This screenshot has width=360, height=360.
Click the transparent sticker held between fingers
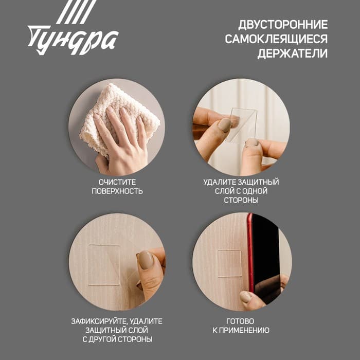[x=242, y=123]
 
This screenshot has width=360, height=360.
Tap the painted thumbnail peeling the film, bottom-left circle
[x=146, y=260]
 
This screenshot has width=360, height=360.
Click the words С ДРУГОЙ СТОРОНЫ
[x=117, y=340]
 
